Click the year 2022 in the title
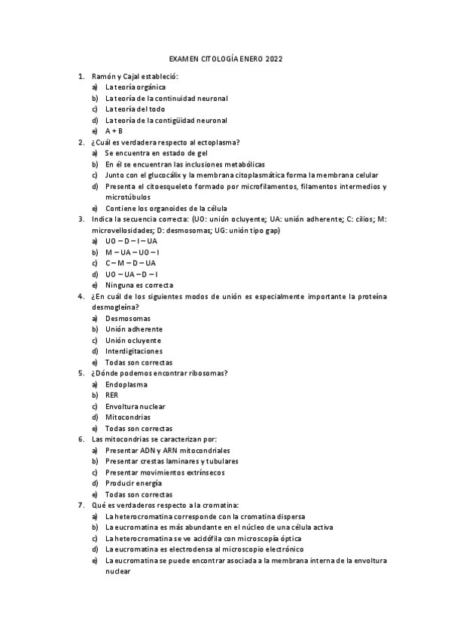point(273,59)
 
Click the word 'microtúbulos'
point(128,197)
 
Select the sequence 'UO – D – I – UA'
point(131,241)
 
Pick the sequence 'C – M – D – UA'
point(130,263)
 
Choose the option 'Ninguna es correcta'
point(139,285)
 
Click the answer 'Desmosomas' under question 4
point(128,318)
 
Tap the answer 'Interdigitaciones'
point(134,351)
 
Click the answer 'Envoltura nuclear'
point(136,406)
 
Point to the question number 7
point(81,505)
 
